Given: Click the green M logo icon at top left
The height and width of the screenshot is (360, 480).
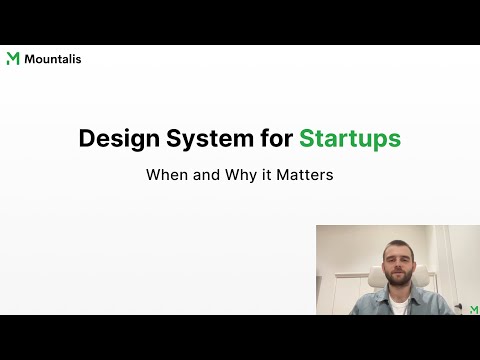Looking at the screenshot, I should pyautogui.click(x=13, y=59).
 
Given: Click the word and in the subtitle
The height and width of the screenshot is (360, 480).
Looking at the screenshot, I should pyautogui.click(x=210, y=173).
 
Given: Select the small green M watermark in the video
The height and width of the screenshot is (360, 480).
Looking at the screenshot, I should pyautogui.click(x=473, y=309).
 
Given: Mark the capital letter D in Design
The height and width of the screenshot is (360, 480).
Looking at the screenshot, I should pyautogui.click(x=88, y=139).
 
